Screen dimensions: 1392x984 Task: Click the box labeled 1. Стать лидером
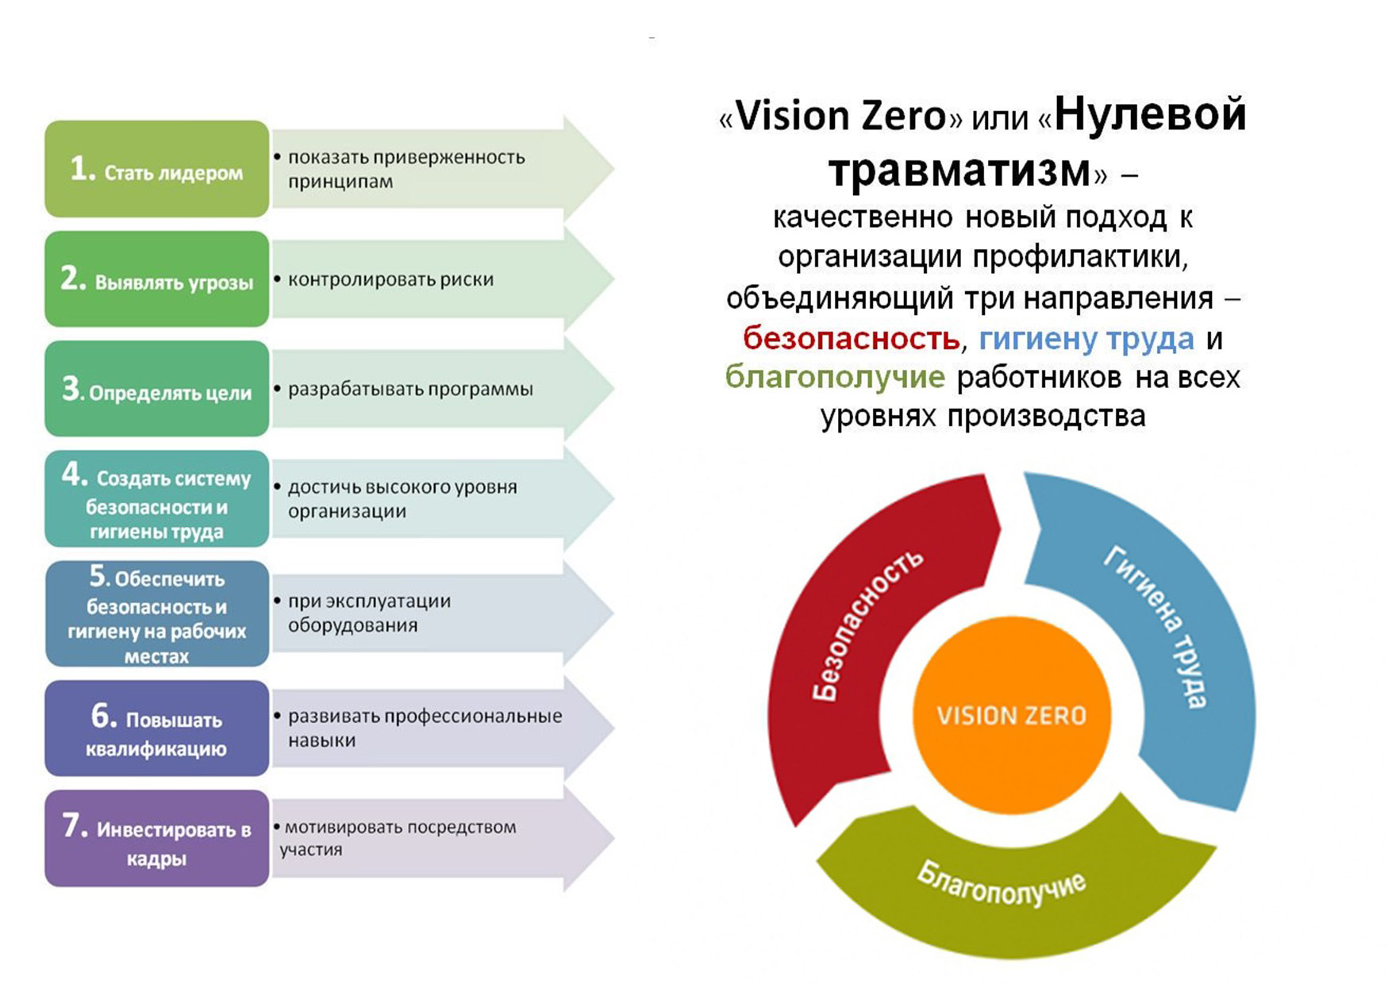point(157,169)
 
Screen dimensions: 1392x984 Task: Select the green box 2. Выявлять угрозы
point(157,279)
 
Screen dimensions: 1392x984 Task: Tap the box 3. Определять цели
point(157,389)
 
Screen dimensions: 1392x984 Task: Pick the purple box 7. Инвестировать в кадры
point(157,838)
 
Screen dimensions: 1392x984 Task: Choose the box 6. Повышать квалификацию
point(157,728)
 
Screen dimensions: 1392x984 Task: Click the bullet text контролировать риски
point(390,279)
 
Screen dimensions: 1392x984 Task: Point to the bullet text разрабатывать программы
point(410,390)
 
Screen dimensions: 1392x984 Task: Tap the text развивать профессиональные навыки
point(425,728)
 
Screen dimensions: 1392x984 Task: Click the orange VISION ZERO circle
point(1011,715)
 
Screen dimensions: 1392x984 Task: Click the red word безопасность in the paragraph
point(851,339)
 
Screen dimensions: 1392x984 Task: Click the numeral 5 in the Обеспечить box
point(98,575)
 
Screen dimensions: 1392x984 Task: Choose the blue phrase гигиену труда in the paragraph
point(1086,339)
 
